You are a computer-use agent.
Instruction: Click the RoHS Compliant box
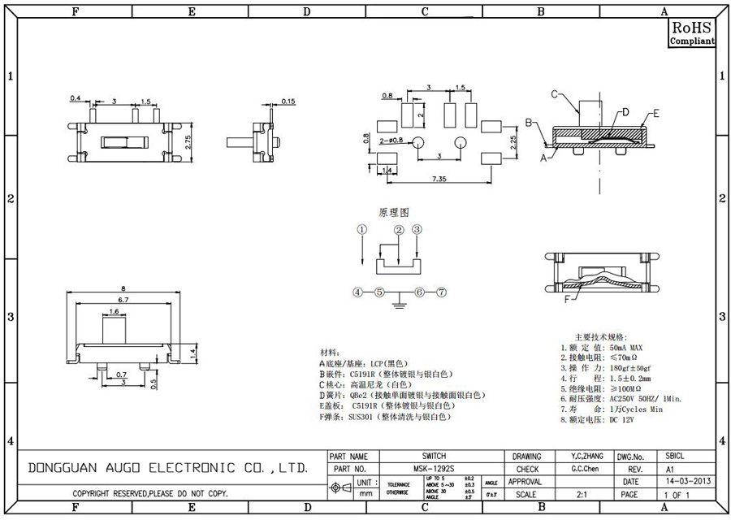tap(692, 32)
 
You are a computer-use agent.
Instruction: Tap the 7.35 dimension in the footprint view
tap(439, 177)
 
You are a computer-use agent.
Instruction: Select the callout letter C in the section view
tap(555, 94)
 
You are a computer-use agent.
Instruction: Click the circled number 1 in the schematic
tap(361, 230)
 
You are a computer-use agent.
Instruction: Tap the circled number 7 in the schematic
tap(441, 292)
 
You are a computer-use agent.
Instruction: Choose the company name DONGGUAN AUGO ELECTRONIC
tap(167, 469)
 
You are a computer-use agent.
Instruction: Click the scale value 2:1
tap(582, 493)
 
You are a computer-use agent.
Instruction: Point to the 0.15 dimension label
tap(288, 102)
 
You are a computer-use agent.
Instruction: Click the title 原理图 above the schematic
tap(391, 212)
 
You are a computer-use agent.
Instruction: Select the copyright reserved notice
tap(149, 493)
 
